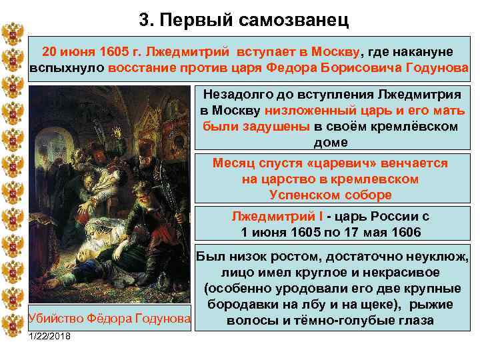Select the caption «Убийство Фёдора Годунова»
click(109, 319)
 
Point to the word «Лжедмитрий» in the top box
click(181, 52)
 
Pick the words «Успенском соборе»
click(330, 195)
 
